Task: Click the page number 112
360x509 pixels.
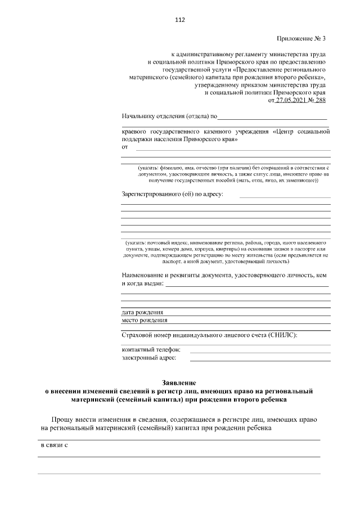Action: point(179,20)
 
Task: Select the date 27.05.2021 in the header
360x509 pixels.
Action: point(289,100)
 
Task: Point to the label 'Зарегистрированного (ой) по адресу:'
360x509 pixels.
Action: point(172,195)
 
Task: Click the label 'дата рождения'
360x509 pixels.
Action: point(142,312)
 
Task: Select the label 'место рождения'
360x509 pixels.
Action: point(145,321)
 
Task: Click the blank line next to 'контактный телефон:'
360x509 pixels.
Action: point(260,350)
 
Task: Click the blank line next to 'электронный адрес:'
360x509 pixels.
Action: point(260,358)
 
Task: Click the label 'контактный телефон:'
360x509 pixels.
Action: point(150,349)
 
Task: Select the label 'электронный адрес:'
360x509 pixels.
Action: point(148,357)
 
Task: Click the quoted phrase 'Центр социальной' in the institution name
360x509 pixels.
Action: point(301,132)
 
